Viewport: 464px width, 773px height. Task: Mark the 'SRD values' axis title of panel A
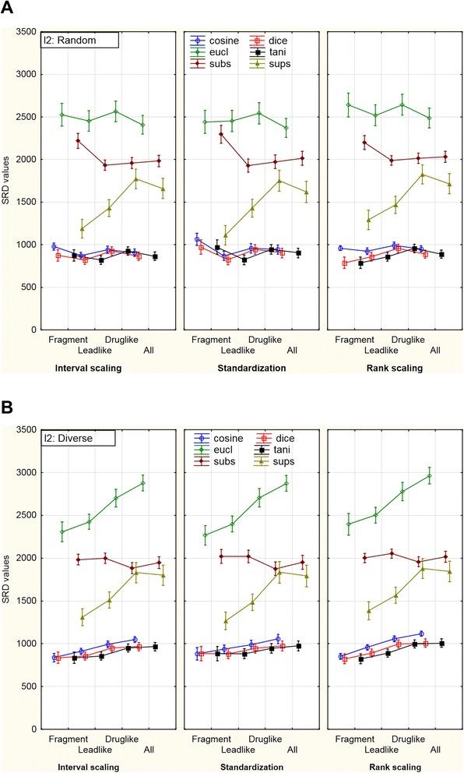click(7, 181)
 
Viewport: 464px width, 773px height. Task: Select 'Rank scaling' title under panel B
click(392, 768)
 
